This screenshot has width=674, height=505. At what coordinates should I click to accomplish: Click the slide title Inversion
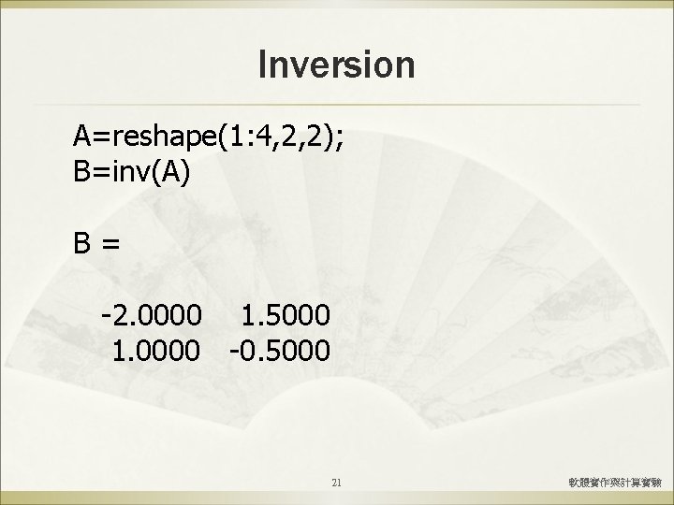point(336,65)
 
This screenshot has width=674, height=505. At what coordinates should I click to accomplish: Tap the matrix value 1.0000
point(155,351)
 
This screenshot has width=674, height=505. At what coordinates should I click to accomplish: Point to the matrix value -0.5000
point(278,351)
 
